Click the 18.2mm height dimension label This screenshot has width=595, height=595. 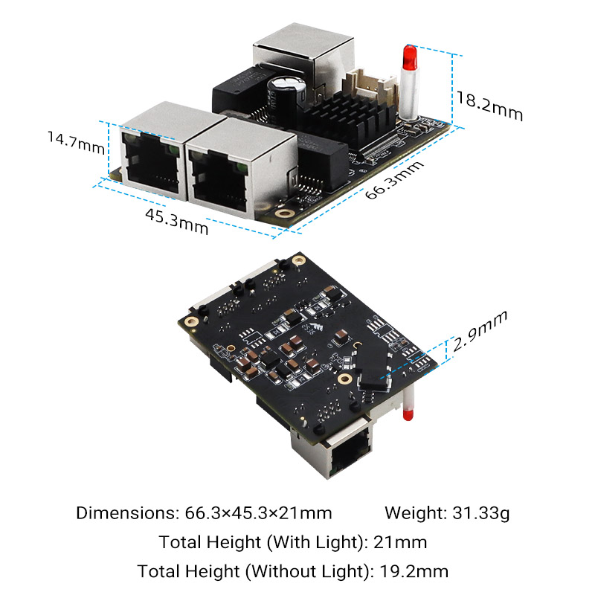[x=489, y=106]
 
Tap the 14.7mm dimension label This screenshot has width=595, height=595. [x=74, y=141]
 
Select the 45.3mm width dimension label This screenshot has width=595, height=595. [x=176, y=222]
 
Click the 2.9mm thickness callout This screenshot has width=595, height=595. [x=480, y=331]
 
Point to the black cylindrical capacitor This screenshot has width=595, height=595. [x=286, y=95]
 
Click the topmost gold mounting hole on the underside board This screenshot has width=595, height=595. [x=298, y=260]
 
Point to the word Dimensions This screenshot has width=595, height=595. [x=123, y=512]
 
